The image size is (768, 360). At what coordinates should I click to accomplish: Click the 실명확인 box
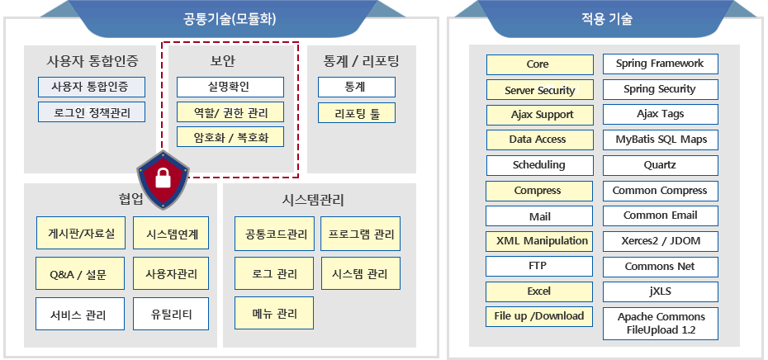[x=230, y=88]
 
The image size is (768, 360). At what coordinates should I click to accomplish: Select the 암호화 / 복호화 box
[x=230, y=137]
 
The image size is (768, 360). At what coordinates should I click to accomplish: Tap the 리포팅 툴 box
[x=357, y=113]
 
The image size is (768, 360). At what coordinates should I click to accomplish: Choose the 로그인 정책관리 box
[x=92, y=111]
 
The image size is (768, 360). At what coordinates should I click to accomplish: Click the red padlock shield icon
[x=162, y=180]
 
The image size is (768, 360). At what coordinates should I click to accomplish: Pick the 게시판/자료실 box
[x=80, y=233]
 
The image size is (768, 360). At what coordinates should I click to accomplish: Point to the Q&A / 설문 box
[x=80, y=273]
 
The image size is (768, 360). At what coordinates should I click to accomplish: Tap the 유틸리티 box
[x=171, y=314]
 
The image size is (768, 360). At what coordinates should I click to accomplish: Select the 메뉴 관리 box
[x=274, y=313]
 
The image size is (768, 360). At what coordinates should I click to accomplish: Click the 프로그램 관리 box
[x=361, y=234]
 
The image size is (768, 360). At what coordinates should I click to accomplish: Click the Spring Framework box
[x=661, y=64]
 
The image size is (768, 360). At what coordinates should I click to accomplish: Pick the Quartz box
[x=661, y=165]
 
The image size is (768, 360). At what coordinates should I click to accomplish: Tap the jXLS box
[x=661, y=292]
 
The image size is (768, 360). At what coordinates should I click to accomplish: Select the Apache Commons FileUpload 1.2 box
[x=661, y=324]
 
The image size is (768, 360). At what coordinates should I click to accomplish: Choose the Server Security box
[x=540, y=90]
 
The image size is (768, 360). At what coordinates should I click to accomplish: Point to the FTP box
[x=539, y=267]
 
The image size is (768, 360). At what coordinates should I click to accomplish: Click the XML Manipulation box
[x=539, y=241]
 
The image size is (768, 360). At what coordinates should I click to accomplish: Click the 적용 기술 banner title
[x=606, y=19]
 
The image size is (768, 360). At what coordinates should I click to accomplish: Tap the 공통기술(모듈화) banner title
[x=230, y=19]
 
